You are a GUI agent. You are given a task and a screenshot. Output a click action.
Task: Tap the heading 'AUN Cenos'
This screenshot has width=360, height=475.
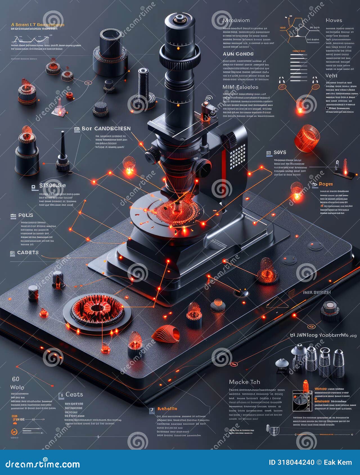pyautogui.click(x=238, y=54)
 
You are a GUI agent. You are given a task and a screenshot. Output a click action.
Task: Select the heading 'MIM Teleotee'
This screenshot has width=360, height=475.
pyautogui.click(x=240, y=87)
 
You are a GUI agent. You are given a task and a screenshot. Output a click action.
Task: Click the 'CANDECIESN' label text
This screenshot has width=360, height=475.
pyautogui.click(x=112, y=128)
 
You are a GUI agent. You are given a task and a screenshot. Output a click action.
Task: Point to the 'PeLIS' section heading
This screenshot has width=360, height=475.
pyautogui.click(x=26, y=215)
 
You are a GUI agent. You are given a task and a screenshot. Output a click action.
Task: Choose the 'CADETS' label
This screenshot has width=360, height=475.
pyautogui.click(x=28, y=252)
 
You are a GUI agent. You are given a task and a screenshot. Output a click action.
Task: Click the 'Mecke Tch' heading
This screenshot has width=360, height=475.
pyautogui.click(x=244, y=382)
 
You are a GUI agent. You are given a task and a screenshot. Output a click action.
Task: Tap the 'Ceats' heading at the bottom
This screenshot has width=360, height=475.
pyautogui.click(x=74, y=395)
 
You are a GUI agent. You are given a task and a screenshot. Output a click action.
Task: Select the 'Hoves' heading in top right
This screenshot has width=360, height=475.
pyautogui.click(x=334, y=20)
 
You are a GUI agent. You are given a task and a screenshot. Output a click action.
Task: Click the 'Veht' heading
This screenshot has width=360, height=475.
pyautogui.click(x=331, y=76)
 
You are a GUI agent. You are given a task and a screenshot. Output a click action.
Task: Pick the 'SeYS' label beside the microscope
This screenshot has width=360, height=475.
pyautogui.click(x=280, y=152)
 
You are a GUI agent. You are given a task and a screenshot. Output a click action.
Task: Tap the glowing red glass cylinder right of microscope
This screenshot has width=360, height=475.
pyautogui.click(x=307, y=138)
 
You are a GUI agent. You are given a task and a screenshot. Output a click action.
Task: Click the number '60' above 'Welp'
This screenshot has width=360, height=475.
pyautogui.click(x=16, y=379)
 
